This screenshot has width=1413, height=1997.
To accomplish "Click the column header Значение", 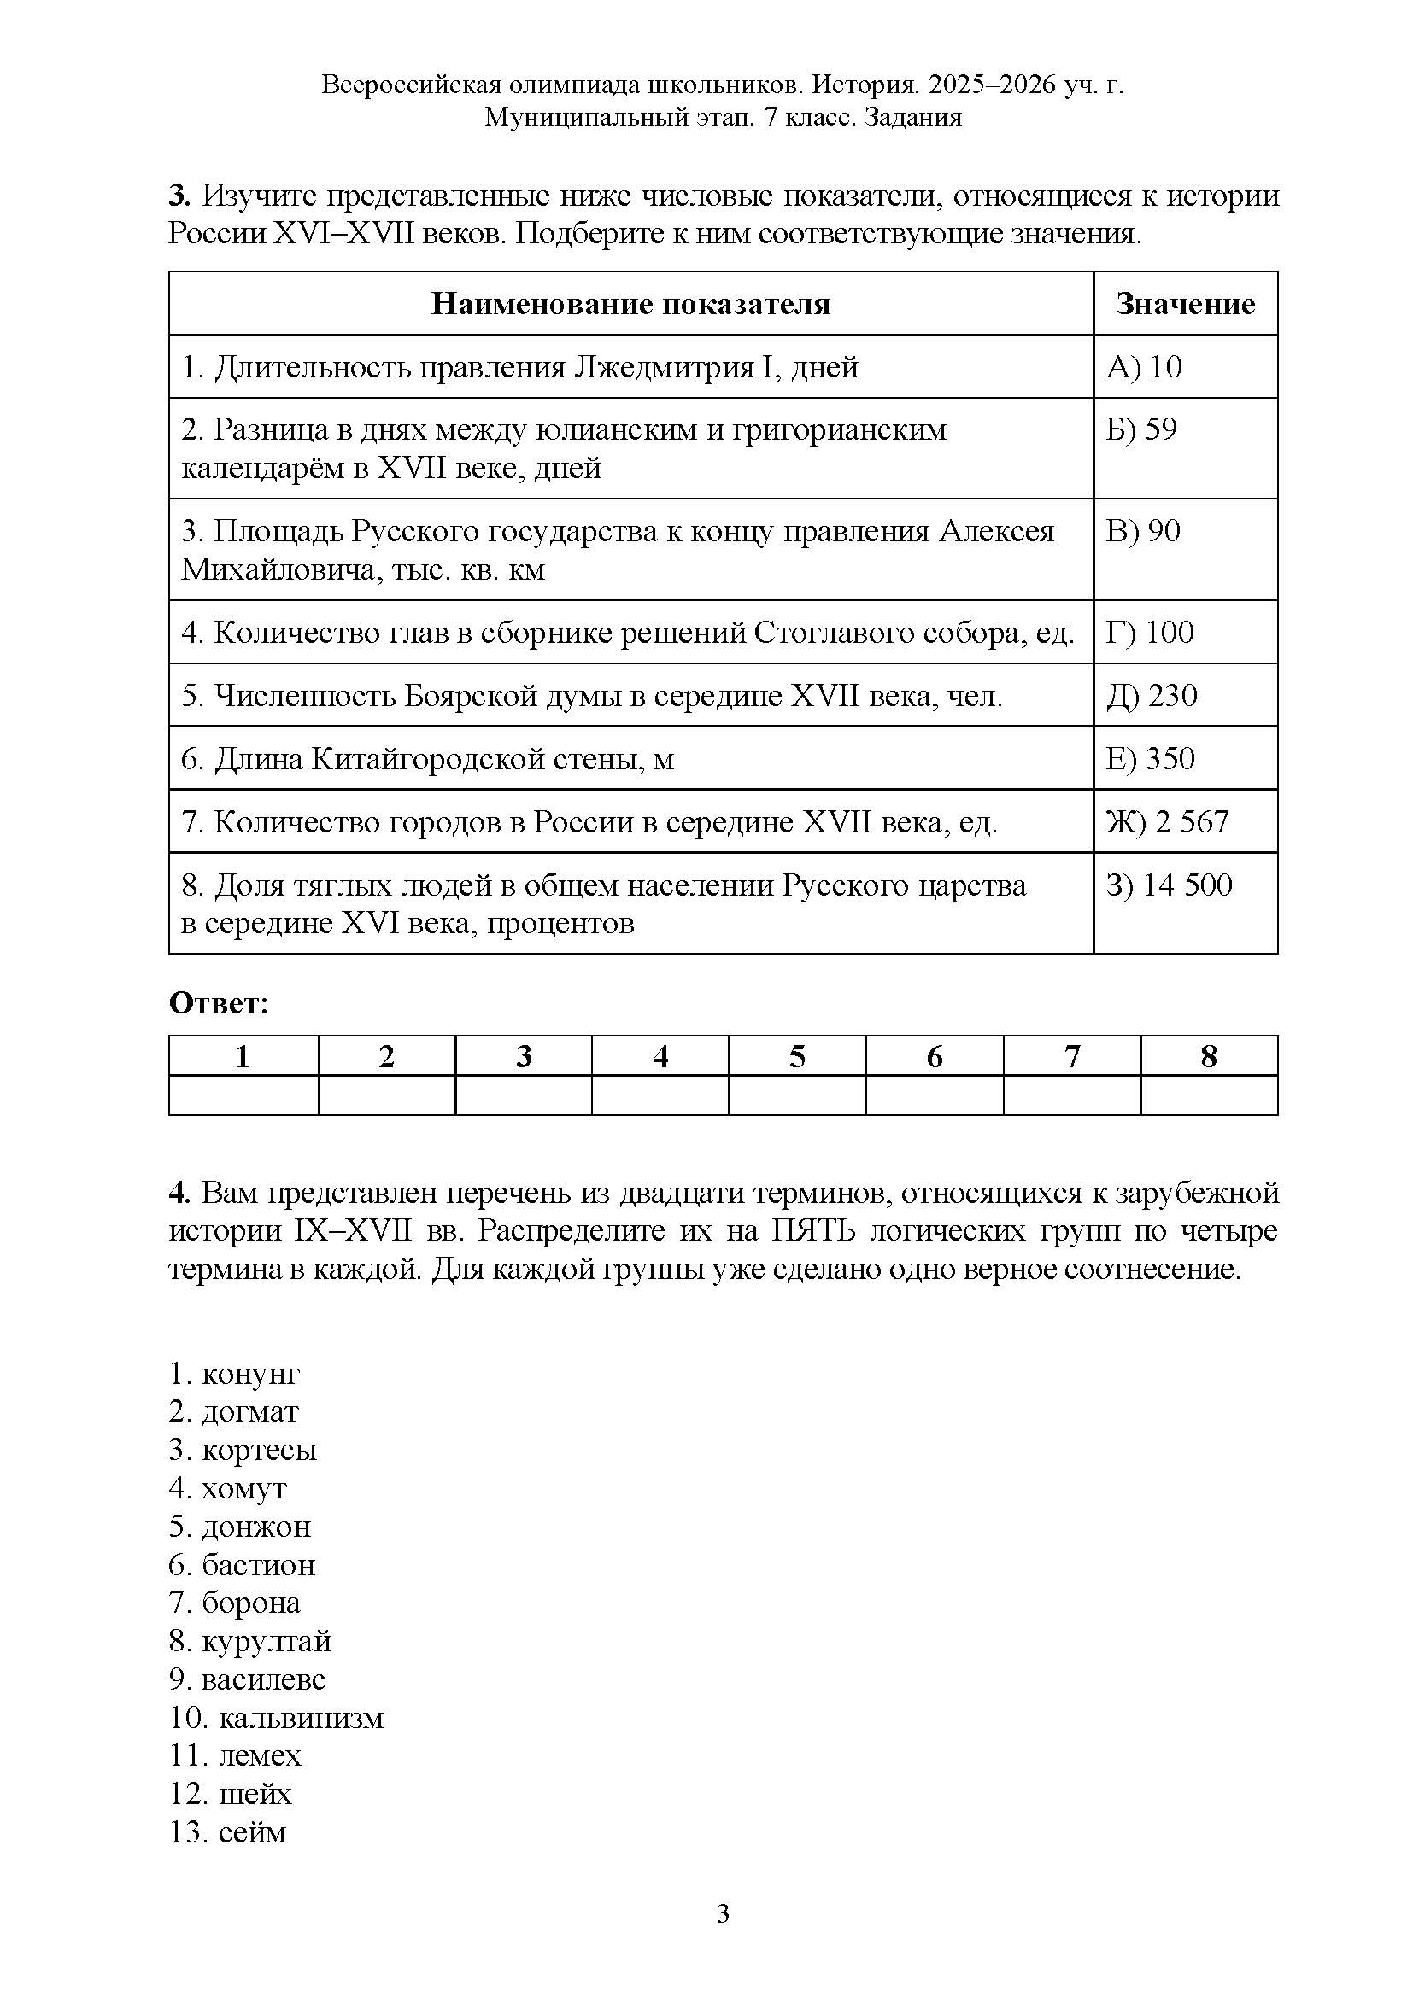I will pos(1185,304).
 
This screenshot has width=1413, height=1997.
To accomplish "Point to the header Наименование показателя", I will pos(630,304).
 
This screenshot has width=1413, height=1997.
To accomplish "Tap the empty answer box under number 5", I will pos(797,1095).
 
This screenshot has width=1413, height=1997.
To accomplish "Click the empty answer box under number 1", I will pos(243,1095).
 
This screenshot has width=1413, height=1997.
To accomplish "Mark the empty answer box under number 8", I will pos(1209,1095).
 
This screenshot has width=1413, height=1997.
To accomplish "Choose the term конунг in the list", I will pos(250,1374).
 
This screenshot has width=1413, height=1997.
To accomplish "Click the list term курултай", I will pos(267,1640).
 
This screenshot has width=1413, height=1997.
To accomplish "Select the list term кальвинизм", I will pos(300,1717).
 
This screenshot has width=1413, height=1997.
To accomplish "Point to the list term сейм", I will pos(252,1831).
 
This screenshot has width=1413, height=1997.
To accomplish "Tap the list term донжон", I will pos(255,1527).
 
